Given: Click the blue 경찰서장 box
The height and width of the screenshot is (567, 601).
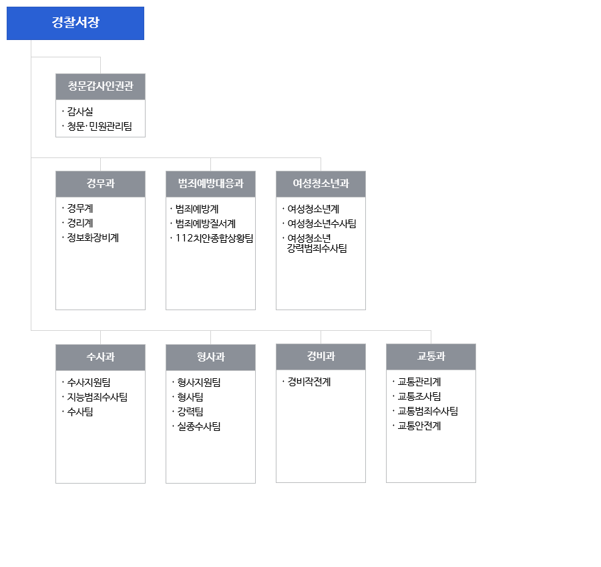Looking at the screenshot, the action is tap(75, 23).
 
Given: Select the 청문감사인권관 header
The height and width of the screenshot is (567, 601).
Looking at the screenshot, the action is tap(100, 87).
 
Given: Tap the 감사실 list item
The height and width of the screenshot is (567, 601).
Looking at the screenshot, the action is tap(80, 111).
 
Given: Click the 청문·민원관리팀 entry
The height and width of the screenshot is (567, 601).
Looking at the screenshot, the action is tap(99, 126).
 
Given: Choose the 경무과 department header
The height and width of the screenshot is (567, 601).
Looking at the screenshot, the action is tap(100, 183).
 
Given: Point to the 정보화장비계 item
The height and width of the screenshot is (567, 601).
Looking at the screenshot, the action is tap(93, 237).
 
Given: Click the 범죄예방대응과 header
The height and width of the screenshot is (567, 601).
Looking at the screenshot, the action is tap(210, 183).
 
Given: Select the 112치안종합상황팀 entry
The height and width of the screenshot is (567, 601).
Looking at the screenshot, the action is tap(214, 238).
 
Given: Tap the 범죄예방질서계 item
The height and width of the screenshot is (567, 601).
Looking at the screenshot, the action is tap(206, 223).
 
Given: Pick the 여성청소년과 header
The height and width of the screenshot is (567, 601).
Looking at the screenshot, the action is tap(321, 183).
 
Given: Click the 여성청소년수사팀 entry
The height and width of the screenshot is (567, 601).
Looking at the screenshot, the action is tap(322, 223).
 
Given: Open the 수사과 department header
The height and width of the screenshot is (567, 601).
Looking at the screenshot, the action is tap(100, 357).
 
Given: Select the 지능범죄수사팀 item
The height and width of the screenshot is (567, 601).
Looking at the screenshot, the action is tap(97, 397).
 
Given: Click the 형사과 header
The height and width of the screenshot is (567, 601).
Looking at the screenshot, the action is tap(210, 357).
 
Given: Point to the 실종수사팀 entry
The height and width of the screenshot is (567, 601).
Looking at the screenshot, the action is tap(199, 426).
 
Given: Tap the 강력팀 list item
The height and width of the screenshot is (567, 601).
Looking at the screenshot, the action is tap(190, 412).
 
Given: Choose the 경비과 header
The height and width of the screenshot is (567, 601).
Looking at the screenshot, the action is tap(321, 356).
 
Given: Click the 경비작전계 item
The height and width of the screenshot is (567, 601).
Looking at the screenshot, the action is tap(309, 382).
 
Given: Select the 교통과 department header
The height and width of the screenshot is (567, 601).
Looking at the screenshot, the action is tap(431, 356).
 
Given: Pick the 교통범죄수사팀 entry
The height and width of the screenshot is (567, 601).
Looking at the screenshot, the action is tap(428, 411).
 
